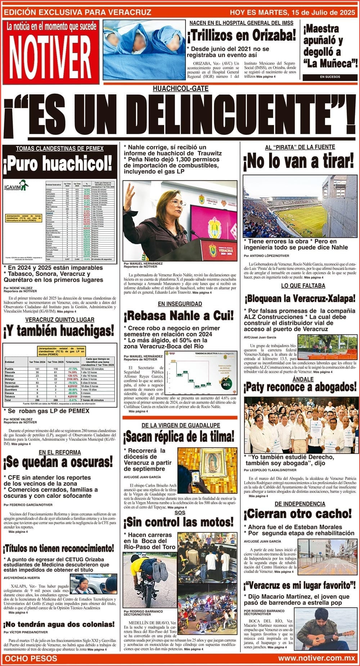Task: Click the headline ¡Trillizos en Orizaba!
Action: pyautogui.click(x=241, y=36)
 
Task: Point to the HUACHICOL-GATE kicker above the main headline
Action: pyautogui.click(x=180, y=89)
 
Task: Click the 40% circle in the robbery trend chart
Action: pyautogui.click(x=226, y=384)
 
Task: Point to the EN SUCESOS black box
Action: pyautogui.click(x=330, y=77)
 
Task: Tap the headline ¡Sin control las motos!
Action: pyautogui.click(x=179, y=522)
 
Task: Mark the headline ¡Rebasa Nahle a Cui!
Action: pyautogui.click(x=179, y=316)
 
